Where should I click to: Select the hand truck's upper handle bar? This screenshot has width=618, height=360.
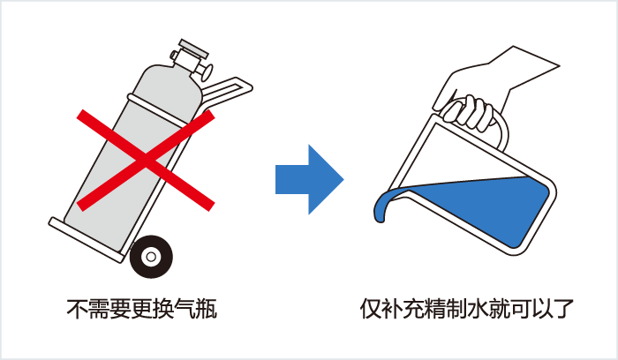pyautogui.click(x=231, y=86)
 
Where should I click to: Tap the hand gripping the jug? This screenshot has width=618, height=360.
pyautogui.click(x=468, y=109)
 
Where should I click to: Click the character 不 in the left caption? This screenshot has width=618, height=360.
pyautogui.click(x=77, y=310)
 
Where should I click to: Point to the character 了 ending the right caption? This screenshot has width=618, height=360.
pyautogui.click(x=565, y=310)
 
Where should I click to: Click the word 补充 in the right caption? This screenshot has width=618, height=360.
pyautogui.click(x=403, y=310)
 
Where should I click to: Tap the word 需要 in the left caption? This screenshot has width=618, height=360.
pyautogui.click(x=109, y=310)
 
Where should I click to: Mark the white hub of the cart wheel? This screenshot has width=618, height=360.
pyautogui.click(x=151, y=258)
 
